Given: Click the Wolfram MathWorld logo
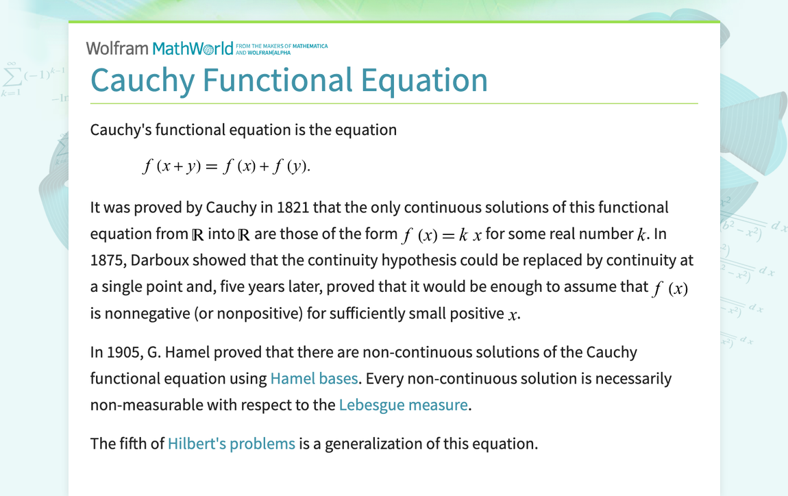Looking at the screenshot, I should (160, 48).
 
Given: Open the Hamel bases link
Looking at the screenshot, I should (314, 378).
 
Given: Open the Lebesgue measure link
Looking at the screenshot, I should (403, 404).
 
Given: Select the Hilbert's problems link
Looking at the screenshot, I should (231, 443).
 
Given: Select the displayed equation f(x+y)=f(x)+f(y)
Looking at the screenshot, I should (226, 166).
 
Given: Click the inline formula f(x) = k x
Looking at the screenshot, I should (441, 234).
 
